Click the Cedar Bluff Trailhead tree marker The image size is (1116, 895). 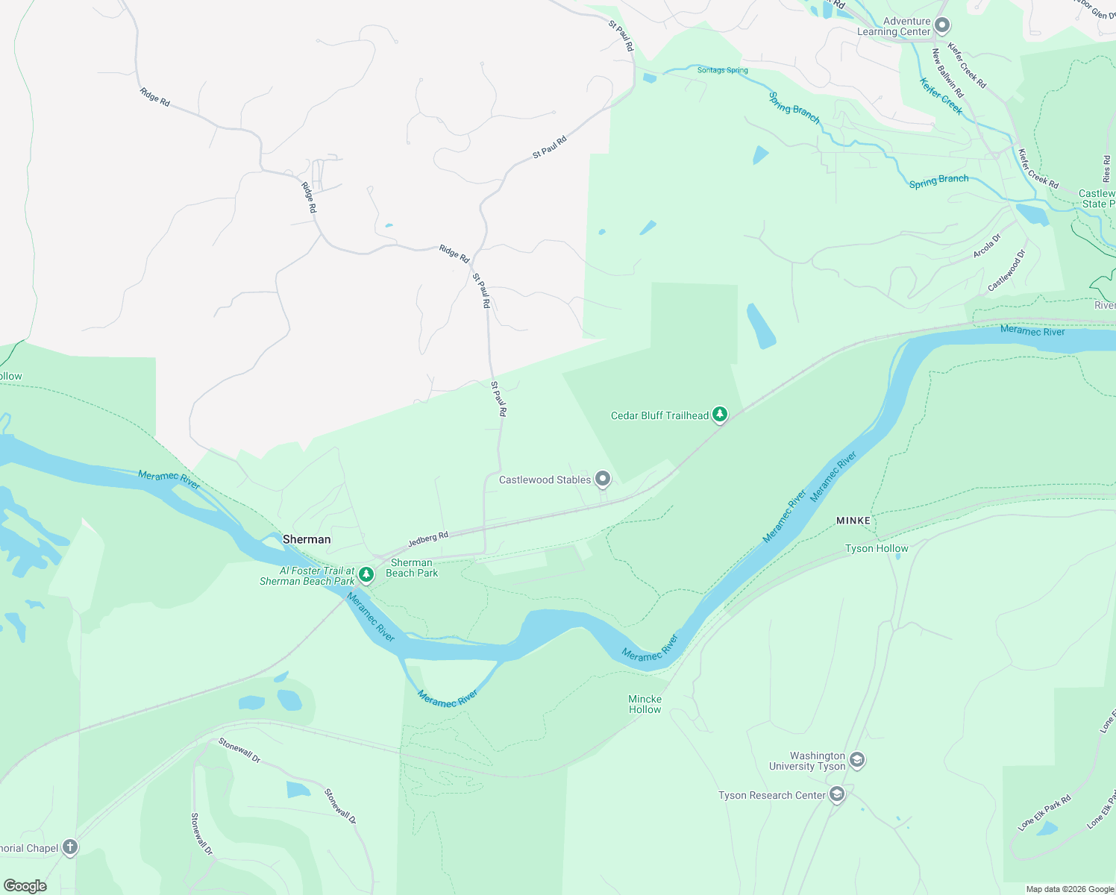click(x=719, y=414)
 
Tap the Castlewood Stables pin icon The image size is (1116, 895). click(x=603, y=479)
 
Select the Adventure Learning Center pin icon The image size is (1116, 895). click(x=942, y=25)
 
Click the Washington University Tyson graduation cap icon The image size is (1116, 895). click(x=857, y=760)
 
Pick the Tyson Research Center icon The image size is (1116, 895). click(x=837, y=794)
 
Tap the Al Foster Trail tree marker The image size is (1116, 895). click(x=366, y=574)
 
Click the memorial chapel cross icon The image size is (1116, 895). click(x=69, y=847)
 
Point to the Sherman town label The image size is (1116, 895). click(x=307, y=539)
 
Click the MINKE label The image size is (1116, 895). click(x=853, y=521)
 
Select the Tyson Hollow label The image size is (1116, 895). click(x=877, y=548)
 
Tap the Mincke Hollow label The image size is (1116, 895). click(x=645, y=704)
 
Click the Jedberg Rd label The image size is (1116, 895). click(x=428, y=539)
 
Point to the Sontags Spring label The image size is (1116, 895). click(x=722, y=70)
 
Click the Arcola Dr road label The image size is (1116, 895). click(x=986, y=247)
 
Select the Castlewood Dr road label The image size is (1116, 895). click(x=1006, y=271)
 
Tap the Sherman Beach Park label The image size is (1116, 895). click(x=412, y=568)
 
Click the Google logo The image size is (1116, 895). click(x=25, y=885)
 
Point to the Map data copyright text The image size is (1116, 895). click(x=1070, y=889)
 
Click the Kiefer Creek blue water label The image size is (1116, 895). click(x=941, y=96)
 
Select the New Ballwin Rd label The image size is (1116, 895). click(x=947, y=73)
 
